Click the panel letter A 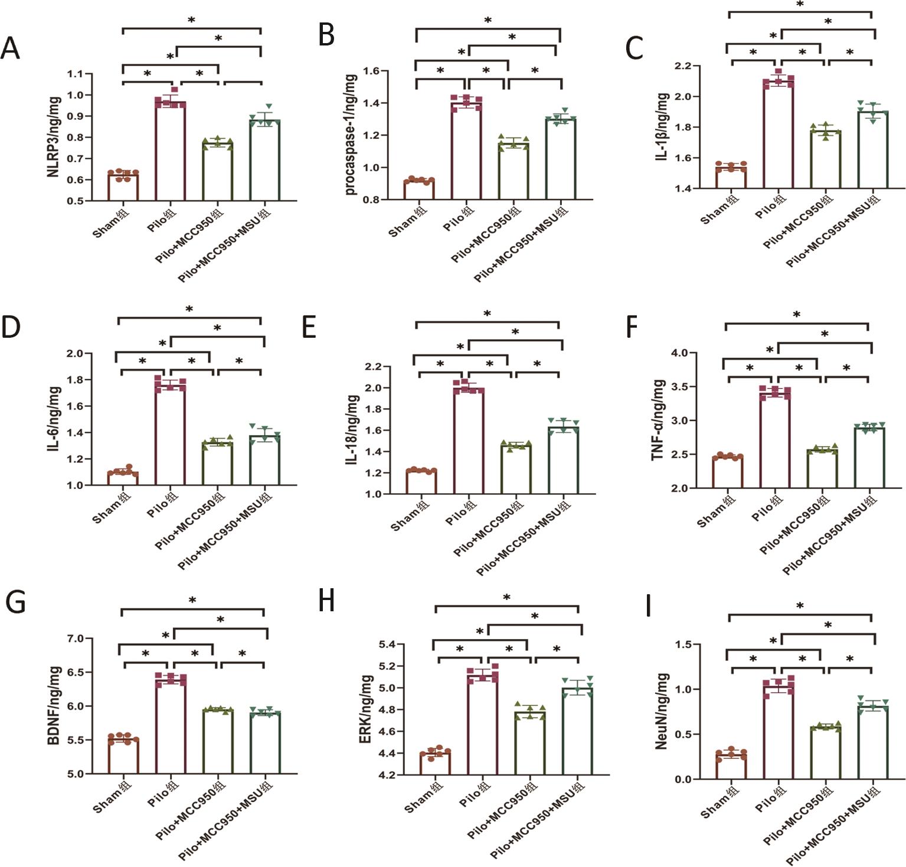(10, 48)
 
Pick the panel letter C (634, 48)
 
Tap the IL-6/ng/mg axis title (54, 419)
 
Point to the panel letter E (309, 327)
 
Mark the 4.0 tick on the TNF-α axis (679, 353)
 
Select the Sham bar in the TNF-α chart (727, 472)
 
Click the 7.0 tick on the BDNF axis (76, 638)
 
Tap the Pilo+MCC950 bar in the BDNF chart (217, 741)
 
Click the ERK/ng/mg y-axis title (366, 709)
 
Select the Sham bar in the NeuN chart (731, 767)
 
